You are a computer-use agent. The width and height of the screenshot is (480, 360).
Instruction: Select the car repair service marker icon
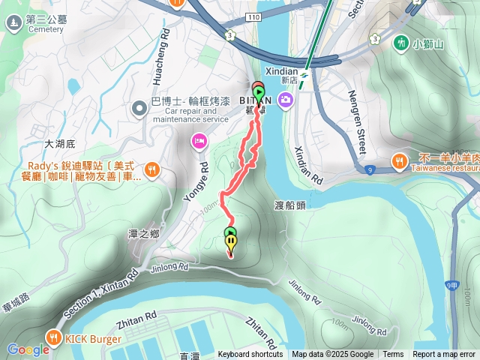[139, 109]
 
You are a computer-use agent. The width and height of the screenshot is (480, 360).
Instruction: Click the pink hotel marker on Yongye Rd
[199, 140]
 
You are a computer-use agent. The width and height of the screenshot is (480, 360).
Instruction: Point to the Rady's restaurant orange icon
[151, 169]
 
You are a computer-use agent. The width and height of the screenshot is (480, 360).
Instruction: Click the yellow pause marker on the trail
[230, 242]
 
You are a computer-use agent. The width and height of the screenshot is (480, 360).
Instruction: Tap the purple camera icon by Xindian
[286, 99]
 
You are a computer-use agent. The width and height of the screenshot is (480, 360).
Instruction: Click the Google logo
[28, 349]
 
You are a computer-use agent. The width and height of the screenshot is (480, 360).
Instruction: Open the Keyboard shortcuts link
[250, 355]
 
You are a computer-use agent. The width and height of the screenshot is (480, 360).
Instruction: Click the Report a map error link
[443, 355]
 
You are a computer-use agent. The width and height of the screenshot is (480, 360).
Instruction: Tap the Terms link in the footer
[393, 355]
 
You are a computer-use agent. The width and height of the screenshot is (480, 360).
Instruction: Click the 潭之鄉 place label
[144, 234]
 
